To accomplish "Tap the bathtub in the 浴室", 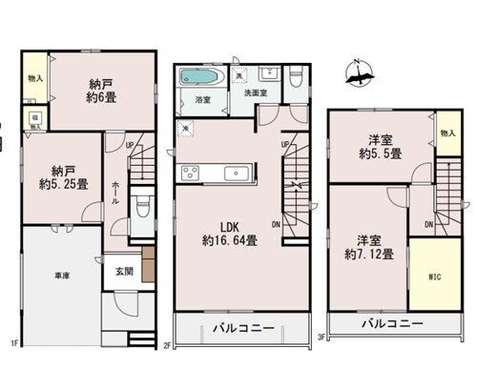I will click(x=199, y=77).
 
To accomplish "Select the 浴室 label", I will click(x=202, y=98).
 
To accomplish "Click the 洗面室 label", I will click(x=255, y=93).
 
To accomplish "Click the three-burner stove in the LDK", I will click(x=190, y=173).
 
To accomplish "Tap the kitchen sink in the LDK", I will click(x=235, y=173).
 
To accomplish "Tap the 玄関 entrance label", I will click(x=126, y=271).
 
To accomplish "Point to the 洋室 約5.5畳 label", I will click(x=380, y=145).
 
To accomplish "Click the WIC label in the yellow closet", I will click(x=434, y=277).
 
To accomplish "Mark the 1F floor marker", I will click(x=15, y=340).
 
